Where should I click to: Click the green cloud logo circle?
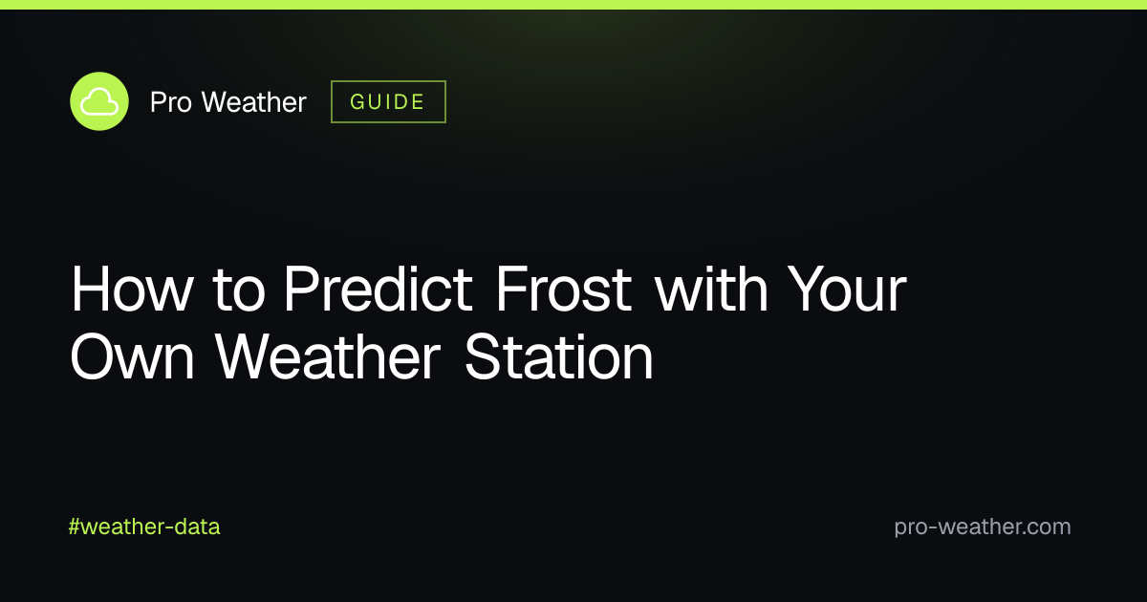(99, 101)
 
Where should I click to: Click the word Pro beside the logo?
(171, 102)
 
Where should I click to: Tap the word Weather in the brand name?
(254, 102)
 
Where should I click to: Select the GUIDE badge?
(388, 102)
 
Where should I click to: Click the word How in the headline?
(132, 289)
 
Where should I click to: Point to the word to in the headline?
(239, 290)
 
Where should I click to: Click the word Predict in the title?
(379, 289)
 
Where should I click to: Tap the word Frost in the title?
(564, 289)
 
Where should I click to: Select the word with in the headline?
(712, 289)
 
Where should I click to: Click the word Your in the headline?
(847, 289)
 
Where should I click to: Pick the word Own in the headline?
(132, 357)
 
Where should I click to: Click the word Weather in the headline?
(328, 357)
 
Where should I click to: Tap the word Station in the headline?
(558, 357)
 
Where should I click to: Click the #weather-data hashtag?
(144, 527)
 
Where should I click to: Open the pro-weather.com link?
(983, 527)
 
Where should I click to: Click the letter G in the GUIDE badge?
(357, 102)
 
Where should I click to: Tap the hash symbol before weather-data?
(75, 527)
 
